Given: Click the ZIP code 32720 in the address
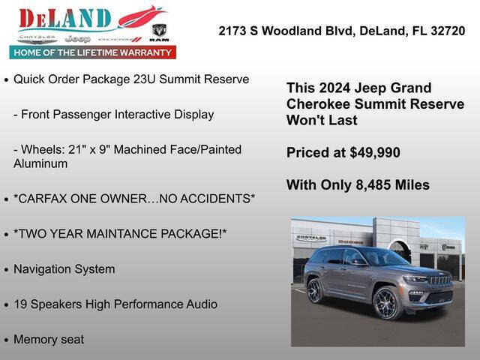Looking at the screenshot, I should pyautogui.click(x=447, y=31).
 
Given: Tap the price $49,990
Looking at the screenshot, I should pyautogui.click(x=375, y=153).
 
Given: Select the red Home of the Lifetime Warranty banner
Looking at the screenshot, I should pyautogui.click(x=93, y=52).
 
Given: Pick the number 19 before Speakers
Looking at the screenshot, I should pyautogui.click(x=20, y=304).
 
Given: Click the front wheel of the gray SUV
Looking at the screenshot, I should pyautogui.click(x=387, y=303).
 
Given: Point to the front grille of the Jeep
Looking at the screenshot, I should pyautogui.click(x=439, y=280).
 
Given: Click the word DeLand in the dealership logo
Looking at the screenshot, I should pyautogui.click(x=65, y=19).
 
